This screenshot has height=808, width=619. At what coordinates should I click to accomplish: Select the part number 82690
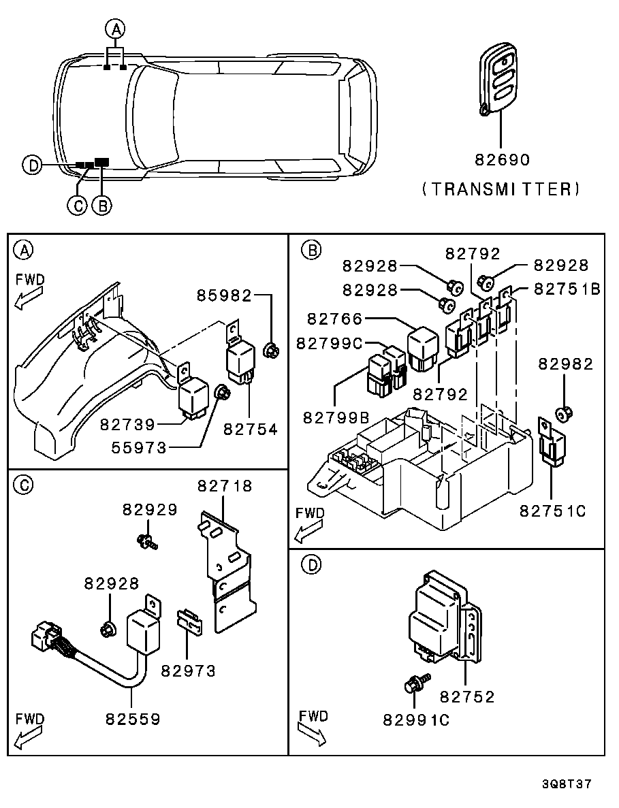pyautogui.click(x=502, y=160)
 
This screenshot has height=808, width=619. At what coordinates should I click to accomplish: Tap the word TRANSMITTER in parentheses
pyautogui.click(x=501, y=189)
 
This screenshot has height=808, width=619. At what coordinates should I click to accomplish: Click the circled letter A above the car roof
pyautogui.click(x=115, y=29)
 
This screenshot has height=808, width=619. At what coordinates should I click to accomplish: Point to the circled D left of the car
pyautogui.click(x=31, y=164)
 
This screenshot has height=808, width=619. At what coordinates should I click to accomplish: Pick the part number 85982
pyautogui.click(x=224, y=295)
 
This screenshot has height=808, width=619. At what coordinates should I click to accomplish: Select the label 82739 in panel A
pyautogui.click(x=127, y=424)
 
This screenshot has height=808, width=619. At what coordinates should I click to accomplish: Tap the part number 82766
pyautogui.click(x=334, y=319)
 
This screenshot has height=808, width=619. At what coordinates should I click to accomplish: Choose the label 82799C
pyautogui.click(x=329, y=344)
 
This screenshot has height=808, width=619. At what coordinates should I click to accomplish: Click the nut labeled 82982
pyautogui.click(x=563, y=412)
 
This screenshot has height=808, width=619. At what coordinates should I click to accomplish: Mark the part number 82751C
pyautogui.click(x=553, y=511)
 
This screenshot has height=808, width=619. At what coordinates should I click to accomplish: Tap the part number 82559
pyautogui.click(x=133, y=718)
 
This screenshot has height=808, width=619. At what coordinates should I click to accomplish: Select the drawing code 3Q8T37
pyautogui.click(x=567, y=783)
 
